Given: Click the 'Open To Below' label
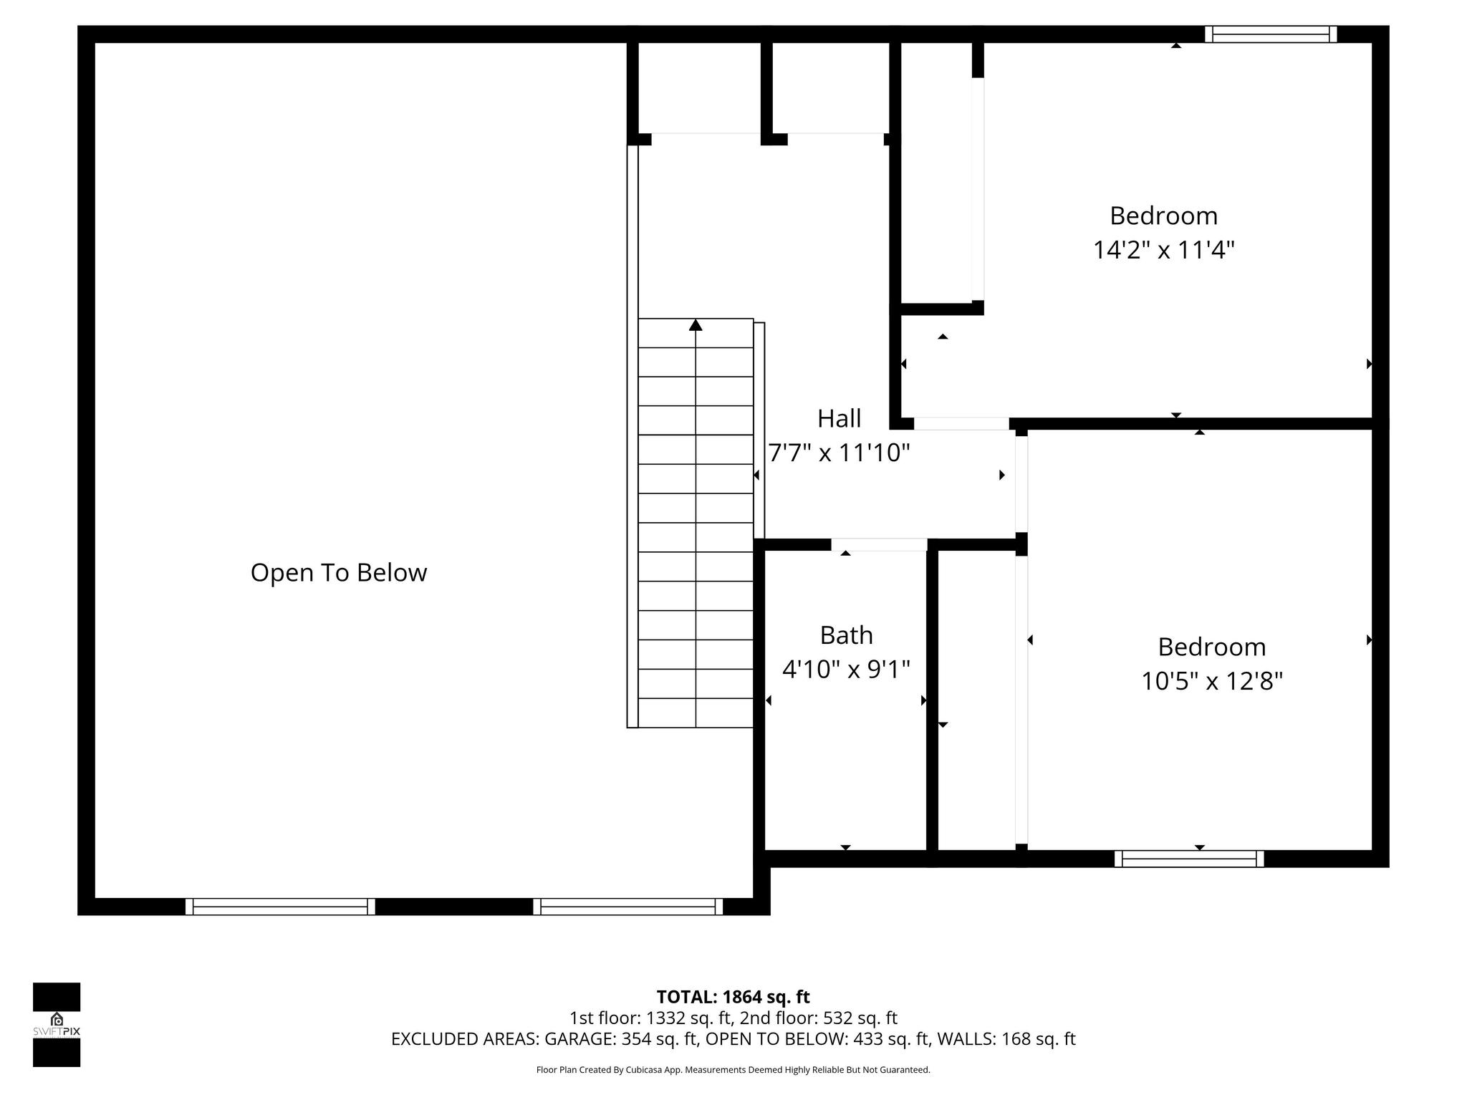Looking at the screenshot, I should [x=338, y=573].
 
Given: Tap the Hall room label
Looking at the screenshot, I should [x=839, y=418].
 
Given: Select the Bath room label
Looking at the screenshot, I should [x=846, y=635].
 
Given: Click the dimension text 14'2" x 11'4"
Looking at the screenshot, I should [x=1163, y=250].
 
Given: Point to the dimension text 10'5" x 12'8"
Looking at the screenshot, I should [x=1211, y=681].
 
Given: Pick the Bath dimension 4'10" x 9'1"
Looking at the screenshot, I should [x=846, y=670].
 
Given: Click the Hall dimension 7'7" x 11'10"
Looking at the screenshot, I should [x=839, y=453].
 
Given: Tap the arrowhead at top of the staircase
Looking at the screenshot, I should [x=696, y=325].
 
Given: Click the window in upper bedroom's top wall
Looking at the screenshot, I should [x=1271, y=34].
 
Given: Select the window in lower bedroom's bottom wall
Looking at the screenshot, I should [x=1189, y=859].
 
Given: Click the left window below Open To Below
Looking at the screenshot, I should [x=280, y=907].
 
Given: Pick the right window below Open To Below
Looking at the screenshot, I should [x=628, y=907].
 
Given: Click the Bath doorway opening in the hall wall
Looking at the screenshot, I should [x=879, y=545].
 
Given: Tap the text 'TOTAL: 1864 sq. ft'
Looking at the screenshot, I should [x=733, y=997].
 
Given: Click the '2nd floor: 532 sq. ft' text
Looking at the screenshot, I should [x=818, y=1018].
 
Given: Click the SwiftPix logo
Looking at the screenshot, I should [x=57, y=1024].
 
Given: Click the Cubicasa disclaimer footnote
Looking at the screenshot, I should [x=733, y=1070].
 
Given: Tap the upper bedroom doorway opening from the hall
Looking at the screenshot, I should [x=961, y=424].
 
